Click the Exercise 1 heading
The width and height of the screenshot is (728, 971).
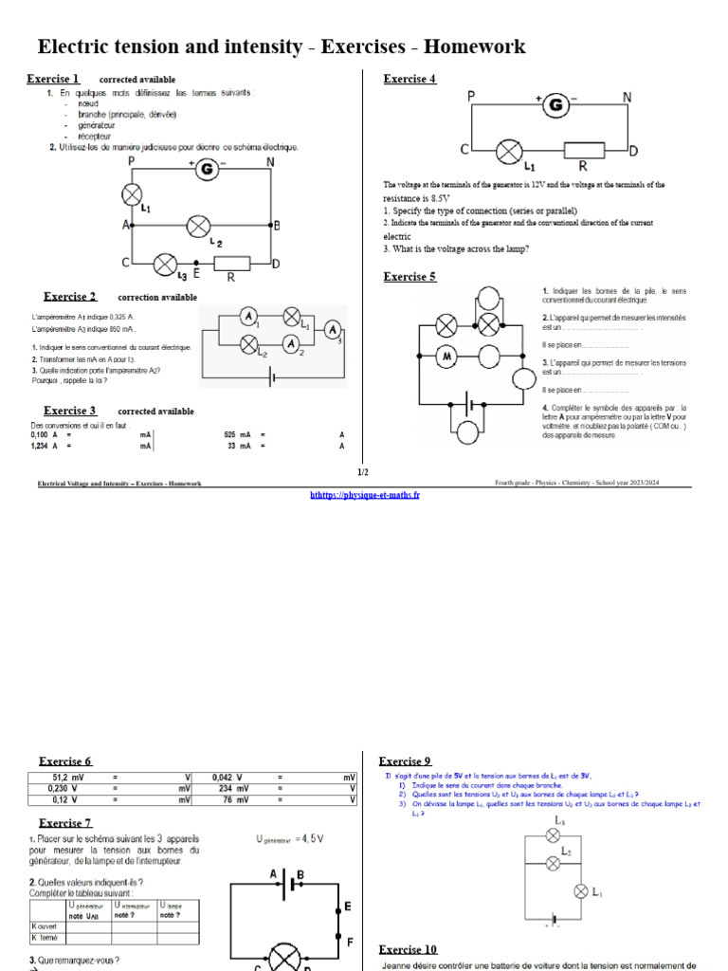[x=53, y=79]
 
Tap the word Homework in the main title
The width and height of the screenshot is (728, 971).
[x=474, y=46]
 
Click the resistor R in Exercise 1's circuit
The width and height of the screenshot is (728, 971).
[x=231, y=263]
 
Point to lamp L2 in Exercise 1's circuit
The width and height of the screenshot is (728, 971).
[x=198, y=226]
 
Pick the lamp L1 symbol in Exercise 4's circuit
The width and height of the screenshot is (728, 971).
[x=512, y=150]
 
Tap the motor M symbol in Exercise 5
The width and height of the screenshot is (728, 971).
[x=446, y=357]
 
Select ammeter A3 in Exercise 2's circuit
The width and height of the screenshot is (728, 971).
[x=333, y=328]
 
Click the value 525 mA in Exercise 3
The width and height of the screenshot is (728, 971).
[x=236, y=434]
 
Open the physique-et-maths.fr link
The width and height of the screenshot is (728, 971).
[x=365, y=496]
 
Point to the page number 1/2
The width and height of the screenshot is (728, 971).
[x=363, y=472]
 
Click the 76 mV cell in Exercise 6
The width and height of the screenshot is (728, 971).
[x=233, y=799]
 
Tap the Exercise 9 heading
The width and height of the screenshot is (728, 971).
[x=405, y=761]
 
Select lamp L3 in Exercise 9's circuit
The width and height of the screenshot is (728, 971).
[x=554, y=835]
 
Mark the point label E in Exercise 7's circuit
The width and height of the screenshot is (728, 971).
[x=348, y=907]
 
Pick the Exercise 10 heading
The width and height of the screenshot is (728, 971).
[x=408, y=949]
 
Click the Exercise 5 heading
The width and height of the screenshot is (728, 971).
[x=409, y=277]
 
